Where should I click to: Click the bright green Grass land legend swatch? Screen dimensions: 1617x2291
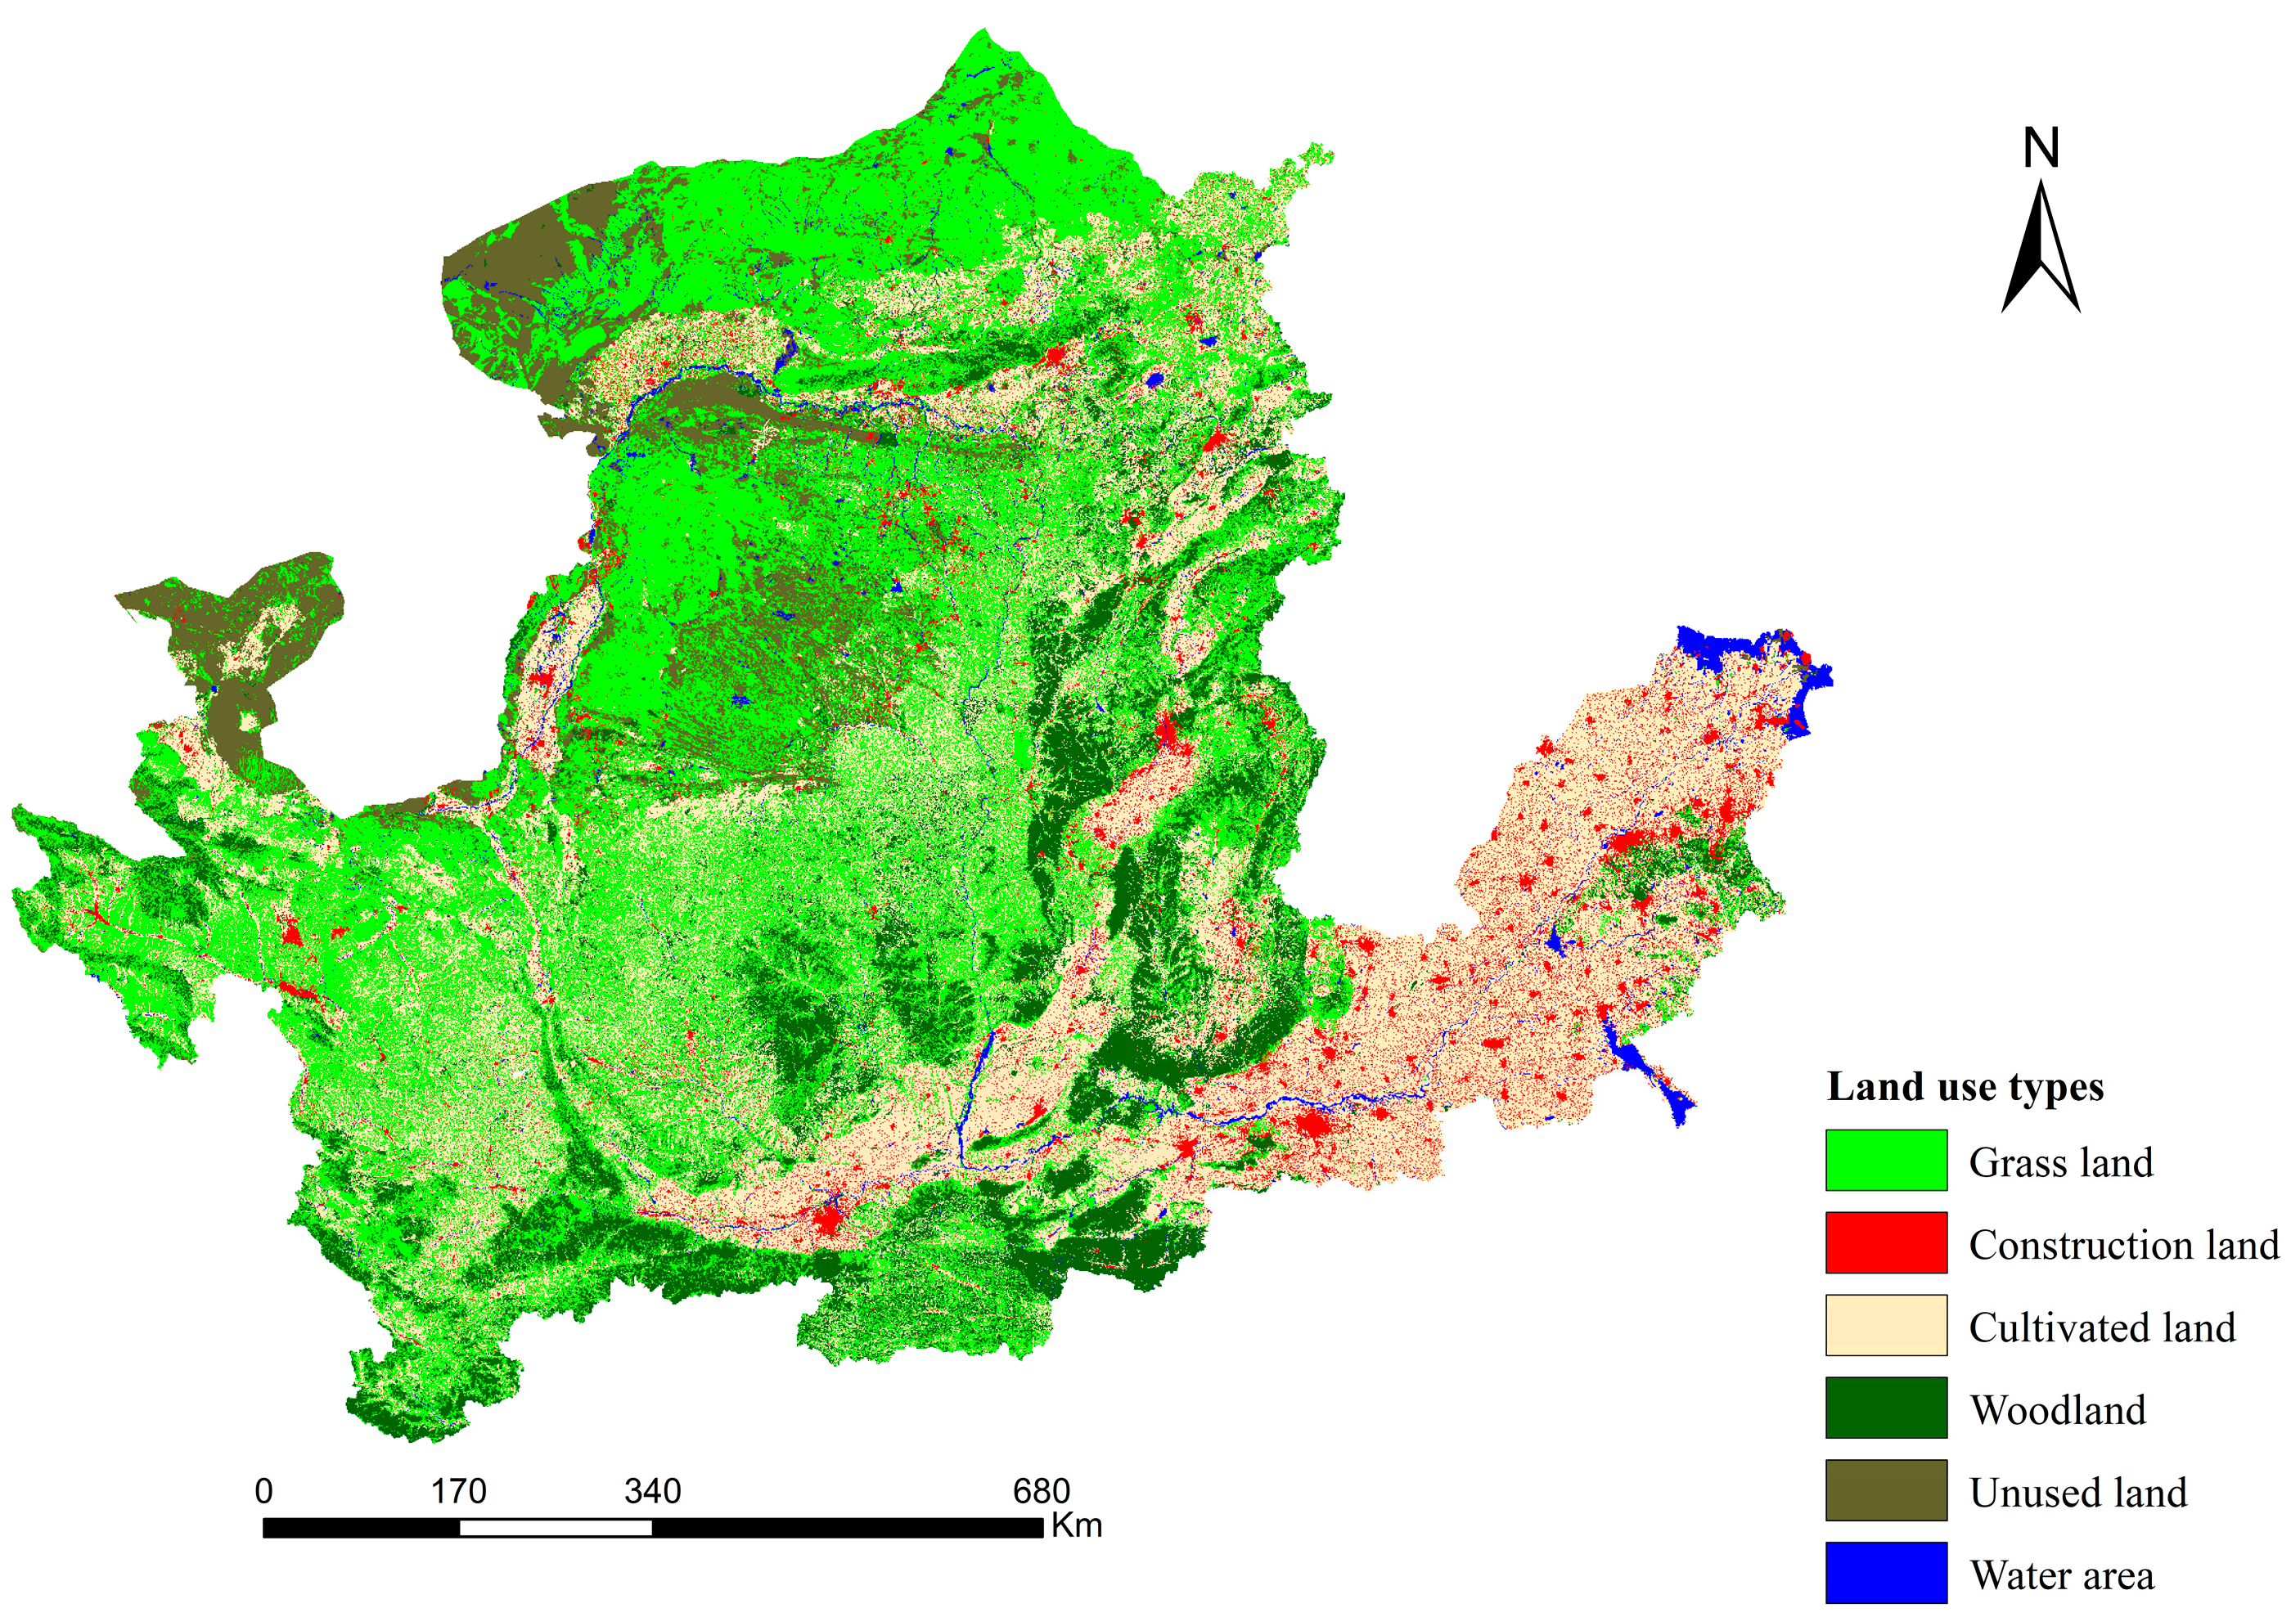pos(1885,1160)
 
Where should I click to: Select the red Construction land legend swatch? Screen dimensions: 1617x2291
pos(1885,1243)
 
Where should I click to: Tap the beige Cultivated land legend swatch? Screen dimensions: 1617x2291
pos(1885,1326)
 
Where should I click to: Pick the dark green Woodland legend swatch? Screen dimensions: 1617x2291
pos(1885,1408)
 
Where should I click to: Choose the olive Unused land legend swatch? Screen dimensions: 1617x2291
pos(1885,1490)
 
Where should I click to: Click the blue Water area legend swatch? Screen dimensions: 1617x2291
pos(1885,1573)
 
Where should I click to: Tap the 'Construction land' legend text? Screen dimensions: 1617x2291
pos(2123,1245)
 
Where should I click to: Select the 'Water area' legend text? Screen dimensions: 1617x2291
pos(2062,1575)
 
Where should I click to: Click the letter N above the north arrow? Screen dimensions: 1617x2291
pos(2041,149)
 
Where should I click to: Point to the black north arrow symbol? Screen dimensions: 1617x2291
pos(2041,249)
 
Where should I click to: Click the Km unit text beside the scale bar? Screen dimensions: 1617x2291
pos(1077,1526)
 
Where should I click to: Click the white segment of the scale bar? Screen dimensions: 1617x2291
pos(555,1527)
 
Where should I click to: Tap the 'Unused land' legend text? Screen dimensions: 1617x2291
pos(2077,1493)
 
